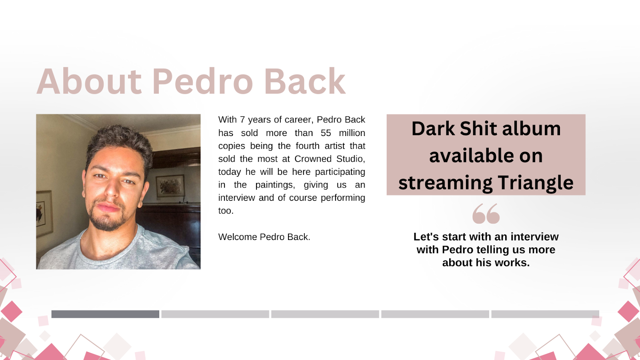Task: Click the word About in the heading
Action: (89, 81)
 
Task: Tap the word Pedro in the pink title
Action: (202, 81)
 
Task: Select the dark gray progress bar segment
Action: (105, 314)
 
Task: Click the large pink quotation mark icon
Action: (486, 214)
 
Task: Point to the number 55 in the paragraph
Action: (326, 133)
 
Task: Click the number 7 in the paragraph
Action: (242, 120)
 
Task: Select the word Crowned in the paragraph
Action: (313, 159)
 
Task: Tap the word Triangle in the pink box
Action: (536, 183)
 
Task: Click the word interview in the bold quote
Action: (534, 236)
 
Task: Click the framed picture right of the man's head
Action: (170, 186)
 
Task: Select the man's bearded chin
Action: (108, 222)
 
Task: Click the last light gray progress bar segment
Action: (545, 314)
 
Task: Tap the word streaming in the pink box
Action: (446, 183)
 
